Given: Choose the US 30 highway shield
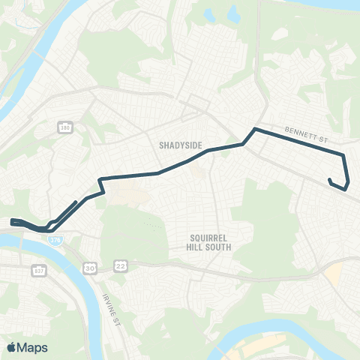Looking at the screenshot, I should [x=90, y=267].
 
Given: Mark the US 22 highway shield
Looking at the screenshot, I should [x=120, y=266].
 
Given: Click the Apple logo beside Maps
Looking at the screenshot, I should [x=12, y=347].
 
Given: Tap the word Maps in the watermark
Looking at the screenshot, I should [x=32, y=347].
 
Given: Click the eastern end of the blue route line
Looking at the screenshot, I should [x=329, y=179].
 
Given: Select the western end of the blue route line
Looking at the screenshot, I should [x=12, y=221].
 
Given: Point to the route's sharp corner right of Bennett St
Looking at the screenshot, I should [x=343, y=156].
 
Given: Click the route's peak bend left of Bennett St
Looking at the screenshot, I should [x=256, y=130].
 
